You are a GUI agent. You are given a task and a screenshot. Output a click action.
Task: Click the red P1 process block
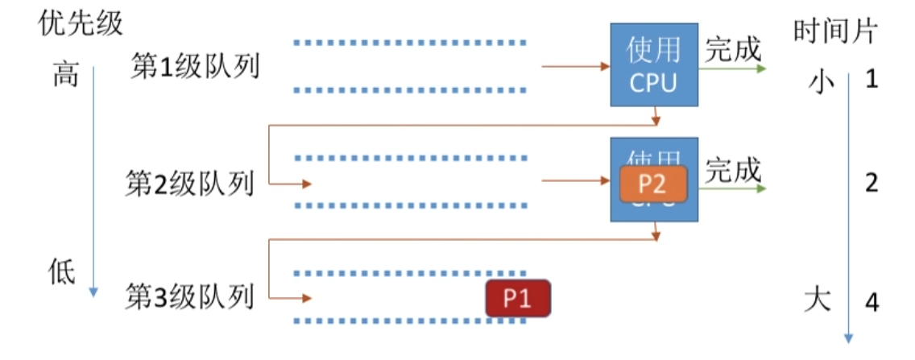(x=517, y=299)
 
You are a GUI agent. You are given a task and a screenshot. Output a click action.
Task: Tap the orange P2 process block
(x=652, y=184)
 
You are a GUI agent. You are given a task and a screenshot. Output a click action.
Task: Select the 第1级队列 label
(x=195, y=67)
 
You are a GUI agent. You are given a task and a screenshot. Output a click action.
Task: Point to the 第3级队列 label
(x=189, y=298)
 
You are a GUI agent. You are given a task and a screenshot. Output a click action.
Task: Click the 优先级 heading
(x=81, y=23)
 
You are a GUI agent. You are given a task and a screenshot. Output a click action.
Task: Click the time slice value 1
(x=871, y=81)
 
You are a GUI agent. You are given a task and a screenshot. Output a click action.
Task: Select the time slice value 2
(x=871, y=184)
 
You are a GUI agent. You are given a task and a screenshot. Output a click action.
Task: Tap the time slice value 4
(x=871, y=303)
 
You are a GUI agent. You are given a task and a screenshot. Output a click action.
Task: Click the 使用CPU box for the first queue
(x=653, y=65)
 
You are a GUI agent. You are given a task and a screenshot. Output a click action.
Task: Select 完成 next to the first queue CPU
(x=733, y=50)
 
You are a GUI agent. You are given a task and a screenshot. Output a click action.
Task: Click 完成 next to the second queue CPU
(x=733, y=170)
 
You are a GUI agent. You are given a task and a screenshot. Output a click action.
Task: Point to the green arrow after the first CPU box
(x=732, y=68)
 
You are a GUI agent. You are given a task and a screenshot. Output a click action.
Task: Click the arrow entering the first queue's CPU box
(x=575, y=66)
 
